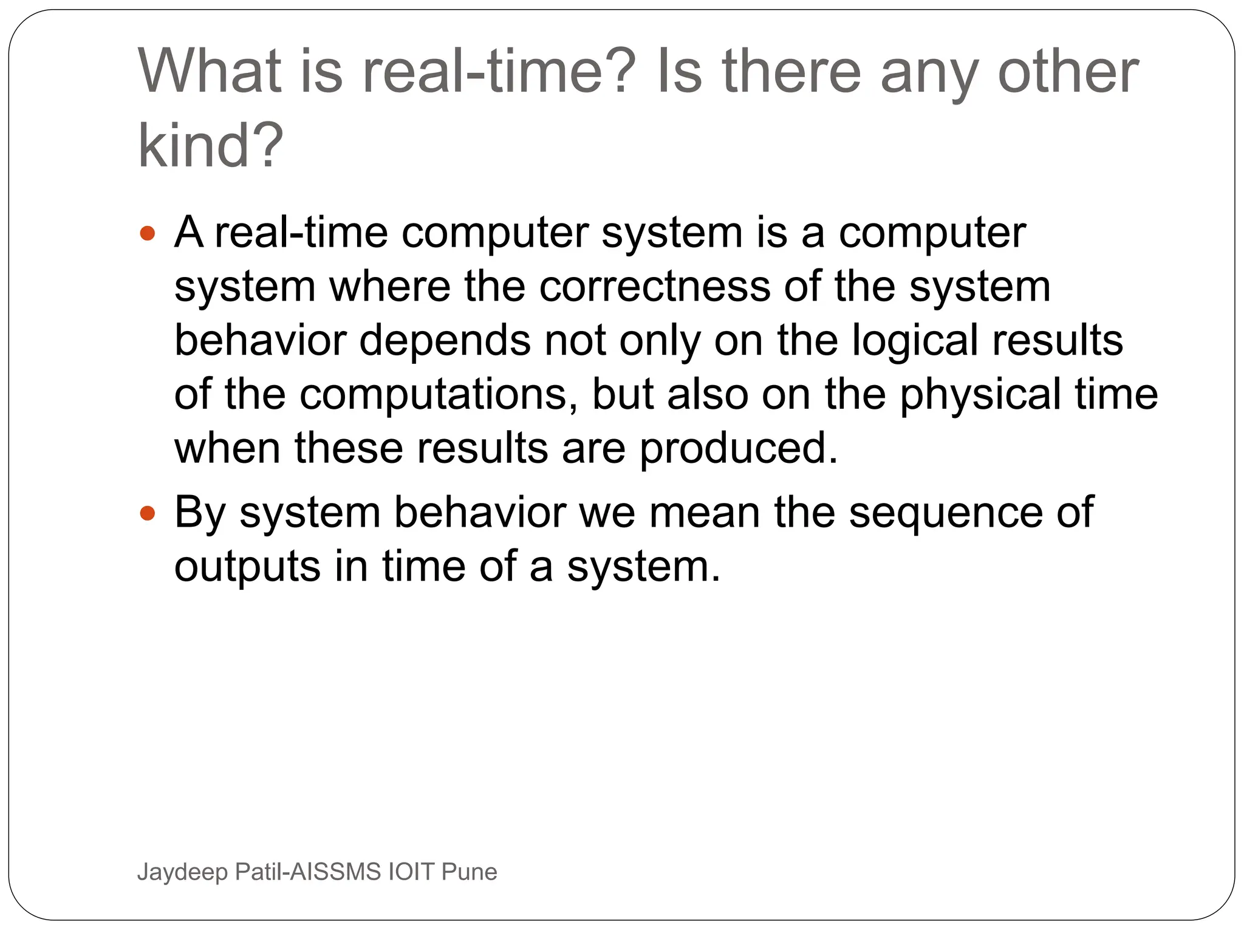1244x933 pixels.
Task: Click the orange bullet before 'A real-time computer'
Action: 148,233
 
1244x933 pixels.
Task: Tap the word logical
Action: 914,341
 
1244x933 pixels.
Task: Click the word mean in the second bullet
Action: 704,512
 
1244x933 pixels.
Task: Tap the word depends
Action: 445,341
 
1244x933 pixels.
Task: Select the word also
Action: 708,394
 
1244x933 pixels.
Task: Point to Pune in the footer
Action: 470,872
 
